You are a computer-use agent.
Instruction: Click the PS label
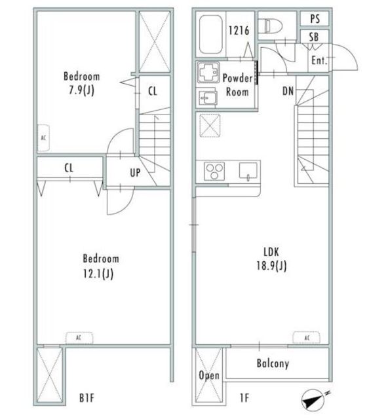(x=315, y=19)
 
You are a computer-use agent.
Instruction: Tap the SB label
(x=314, y=37)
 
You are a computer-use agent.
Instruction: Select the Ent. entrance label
(x=319, y=60)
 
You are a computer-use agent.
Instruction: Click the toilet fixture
(x=271, y=26)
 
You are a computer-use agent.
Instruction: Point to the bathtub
(x=211, y=35)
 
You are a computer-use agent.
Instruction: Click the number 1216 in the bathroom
(x=239, y=31)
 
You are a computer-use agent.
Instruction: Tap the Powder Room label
(x=237, y=85)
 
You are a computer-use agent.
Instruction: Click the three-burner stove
(x=214, y=171)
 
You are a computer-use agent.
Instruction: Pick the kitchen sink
(x=248, y=171)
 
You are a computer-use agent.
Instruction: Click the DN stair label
(x=288, y=91)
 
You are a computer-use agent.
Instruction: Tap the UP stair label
(x=135, y=173)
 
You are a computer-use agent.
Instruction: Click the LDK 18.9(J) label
(x=271, y=259)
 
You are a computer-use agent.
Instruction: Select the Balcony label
(x=273, y=364)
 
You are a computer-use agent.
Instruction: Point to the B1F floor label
(x=87, y=398)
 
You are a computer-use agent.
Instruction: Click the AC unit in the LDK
(x=306, y=338)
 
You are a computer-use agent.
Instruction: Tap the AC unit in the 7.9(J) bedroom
(x=43, y=138)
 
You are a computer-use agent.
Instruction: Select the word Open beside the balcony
(x=209, y=376)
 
